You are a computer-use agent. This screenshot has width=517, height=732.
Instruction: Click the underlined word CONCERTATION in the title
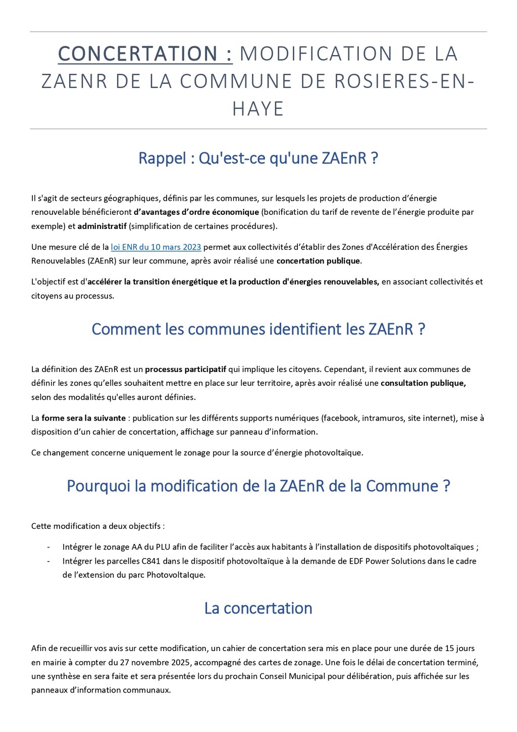145,54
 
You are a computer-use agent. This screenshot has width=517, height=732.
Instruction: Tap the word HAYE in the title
258,109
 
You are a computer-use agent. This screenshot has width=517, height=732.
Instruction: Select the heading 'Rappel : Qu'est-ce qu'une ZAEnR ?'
258,158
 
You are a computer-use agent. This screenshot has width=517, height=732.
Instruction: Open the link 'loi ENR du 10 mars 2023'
156,247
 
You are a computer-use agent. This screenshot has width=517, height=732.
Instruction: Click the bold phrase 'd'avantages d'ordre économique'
196,212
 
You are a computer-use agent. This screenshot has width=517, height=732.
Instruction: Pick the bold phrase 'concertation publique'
318,261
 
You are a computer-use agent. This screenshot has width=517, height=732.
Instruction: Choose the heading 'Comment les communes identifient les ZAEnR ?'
258,329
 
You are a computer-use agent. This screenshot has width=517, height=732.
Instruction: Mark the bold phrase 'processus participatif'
186,370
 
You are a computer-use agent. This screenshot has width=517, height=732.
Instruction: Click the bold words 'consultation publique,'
423,383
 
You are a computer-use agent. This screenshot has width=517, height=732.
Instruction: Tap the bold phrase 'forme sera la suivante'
83,418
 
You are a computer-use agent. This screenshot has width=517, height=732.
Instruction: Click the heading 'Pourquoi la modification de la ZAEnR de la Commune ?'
258,486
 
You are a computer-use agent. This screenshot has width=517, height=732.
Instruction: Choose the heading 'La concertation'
258,608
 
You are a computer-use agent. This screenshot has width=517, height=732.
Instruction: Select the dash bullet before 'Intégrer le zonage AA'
48,547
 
